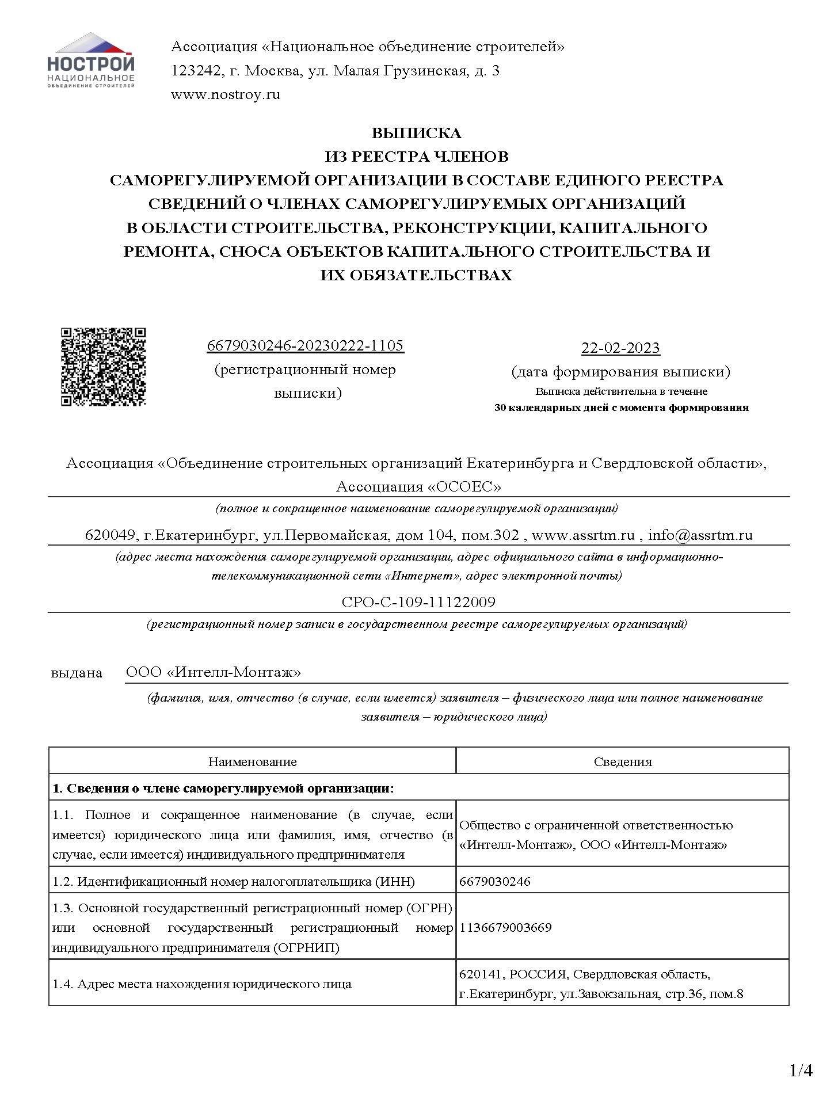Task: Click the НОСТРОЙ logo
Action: point(91,60)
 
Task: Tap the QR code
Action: point(104,367)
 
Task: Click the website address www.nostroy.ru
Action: point(225,94)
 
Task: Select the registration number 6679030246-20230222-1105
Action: point(305,345)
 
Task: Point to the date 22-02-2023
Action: point(620,348)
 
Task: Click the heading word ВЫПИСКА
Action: point(416,133)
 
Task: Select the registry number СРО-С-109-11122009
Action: point(418,602)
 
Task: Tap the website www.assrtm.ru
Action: point(582,535)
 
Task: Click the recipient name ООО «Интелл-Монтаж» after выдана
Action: point(214,672)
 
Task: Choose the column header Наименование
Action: point(252,761)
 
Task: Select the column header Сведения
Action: point(623,761)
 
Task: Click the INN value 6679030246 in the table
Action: point(495,881)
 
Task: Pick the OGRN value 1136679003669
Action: point(505,927)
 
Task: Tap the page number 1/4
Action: point(801,1071)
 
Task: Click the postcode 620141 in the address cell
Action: point(482,974)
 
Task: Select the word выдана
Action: point(77,672)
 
